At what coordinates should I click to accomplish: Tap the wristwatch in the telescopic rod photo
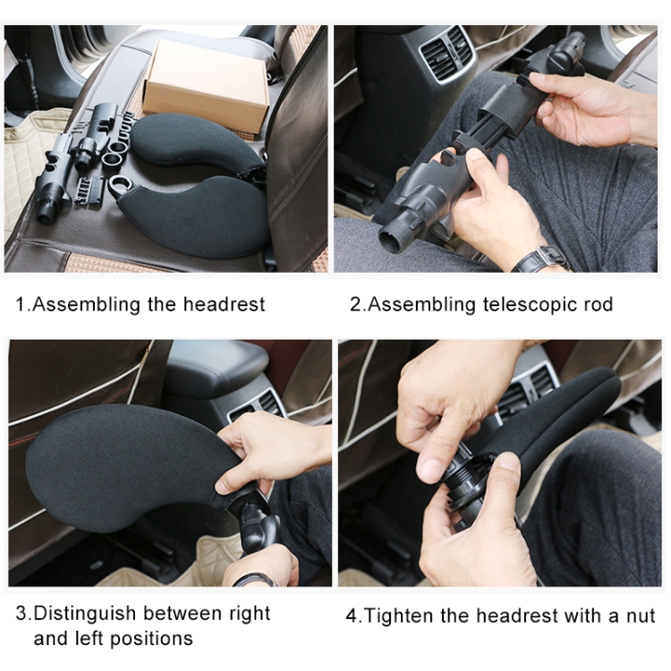540,259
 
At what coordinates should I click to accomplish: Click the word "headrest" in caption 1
225,305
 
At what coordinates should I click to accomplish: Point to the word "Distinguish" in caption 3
85,614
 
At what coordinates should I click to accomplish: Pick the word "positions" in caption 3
151,639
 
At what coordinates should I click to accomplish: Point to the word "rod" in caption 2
599,305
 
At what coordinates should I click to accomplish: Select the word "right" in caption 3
250,614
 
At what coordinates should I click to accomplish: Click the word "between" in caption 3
183,613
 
